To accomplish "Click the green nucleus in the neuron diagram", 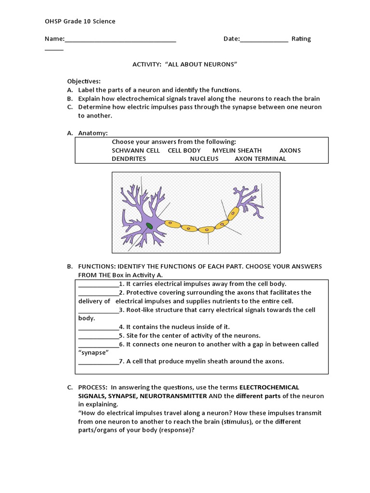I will point(150,226).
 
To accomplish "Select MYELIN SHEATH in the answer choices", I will point(237,150).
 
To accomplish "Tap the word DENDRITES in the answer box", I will point(129,158).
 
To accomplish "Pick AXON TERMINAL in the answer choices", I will point(260,158).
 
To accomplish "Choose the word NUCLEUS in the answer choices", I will point(204,158).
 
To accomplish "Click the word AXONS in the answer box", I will point(290,150).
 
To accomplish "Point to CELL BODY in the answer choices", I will point(184,150).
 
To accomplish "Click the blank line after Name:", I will point(120,39).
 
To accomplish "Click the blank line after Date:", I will point(264,39).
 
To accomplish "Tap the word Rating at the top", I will point(301,39).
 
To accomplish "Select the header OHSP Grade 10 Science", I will point(80,21).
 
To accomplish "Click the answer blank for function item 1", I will point(98,284).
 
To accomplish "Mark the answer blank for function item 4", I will point(98,327).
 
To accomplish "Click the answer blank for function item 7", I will point(98,362).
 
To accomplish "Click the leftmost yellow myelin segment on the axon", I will point(172,224).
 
